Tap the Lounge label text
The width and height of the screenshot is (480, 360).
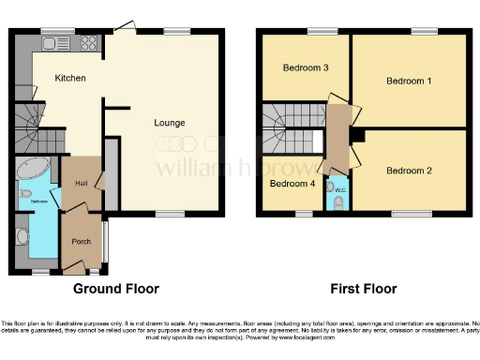[x=170, y=123]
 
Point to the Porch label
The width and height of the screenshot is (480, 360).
[x=81, y=241]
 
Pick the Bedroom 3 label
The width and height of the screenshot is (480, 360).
[x=306, y=67]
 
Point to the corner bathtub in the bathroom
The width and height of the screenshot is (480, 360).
[x=32, y=174]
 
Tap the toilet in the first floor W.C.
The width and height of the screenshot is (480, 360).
[x=338, y=203]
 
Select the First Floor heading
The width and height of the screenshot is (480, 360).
[x=361, y=289]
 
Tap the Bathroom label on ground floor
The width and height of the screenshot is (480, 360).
[x=37, y=201]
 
